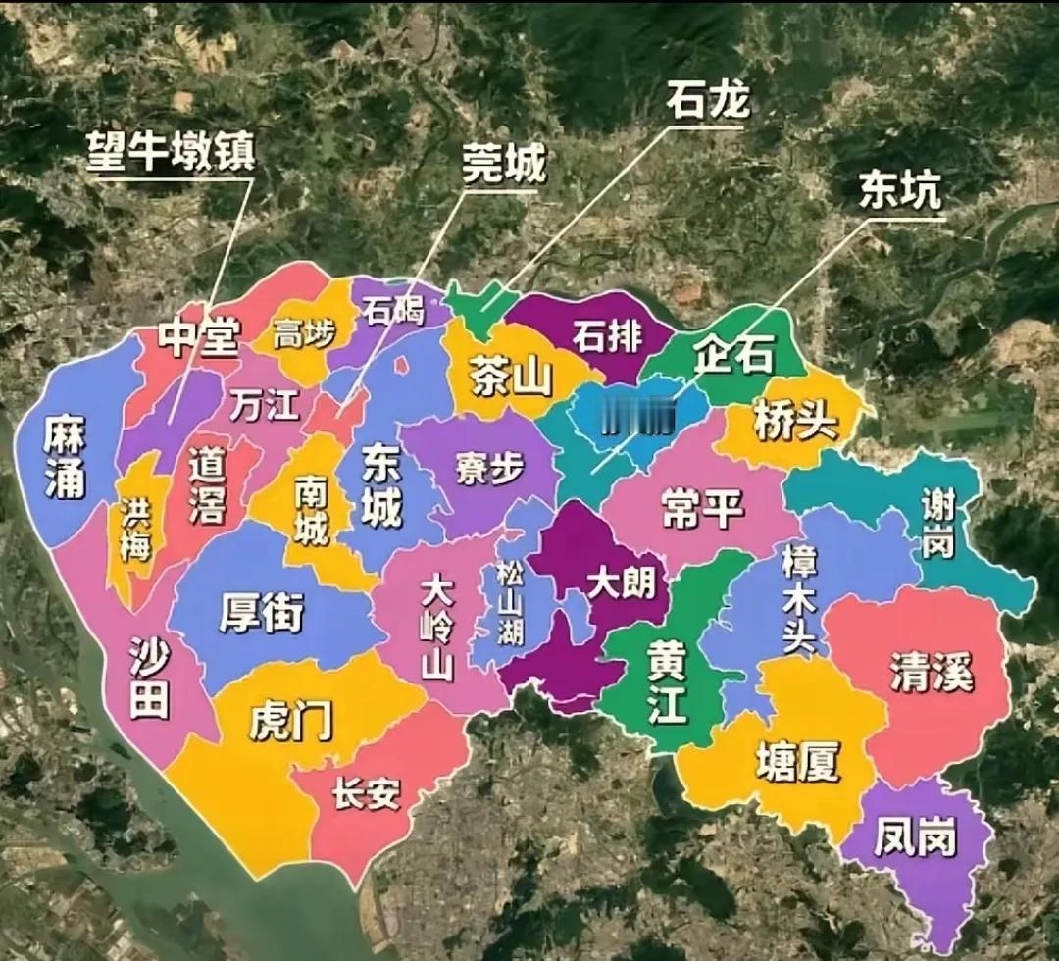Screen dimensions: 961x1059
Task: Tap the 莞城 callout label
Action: tap(504, 168)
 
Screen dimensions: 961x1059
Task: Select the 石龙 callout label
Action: tap(707, 99)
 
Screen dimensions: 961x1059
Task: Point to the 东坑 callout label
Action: tap(899, 190)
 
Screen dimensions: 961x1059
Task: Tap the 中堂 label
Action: tap(200, 339)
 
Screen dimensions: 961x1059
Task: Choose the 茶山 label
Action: tap(511, 374)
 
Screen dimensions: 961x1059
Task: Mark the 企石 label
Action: tap(733, 354)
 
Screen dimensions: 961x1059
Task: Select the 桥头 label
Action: tap(796, 423)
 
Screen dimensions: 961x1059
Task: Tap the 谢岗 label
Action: tap(937, 524)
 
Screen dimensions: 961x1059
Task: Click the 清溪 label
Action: tap(932, 673)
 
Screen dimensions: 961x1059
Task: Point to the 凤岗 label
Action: tap(915, 840)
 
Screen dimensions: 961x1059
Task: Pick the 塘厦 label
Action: tap(797, 760)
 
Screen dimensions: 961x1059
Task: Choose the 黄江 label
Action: tap(667, 682)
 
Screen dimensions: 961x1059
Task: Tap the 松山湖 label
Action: tap(510, 602)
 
